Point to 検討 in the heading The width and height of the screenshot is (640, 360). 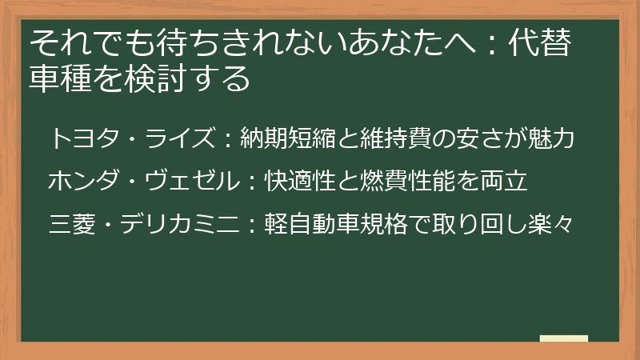153,78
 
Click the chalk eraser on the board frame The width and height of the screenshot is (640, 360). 563,339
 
